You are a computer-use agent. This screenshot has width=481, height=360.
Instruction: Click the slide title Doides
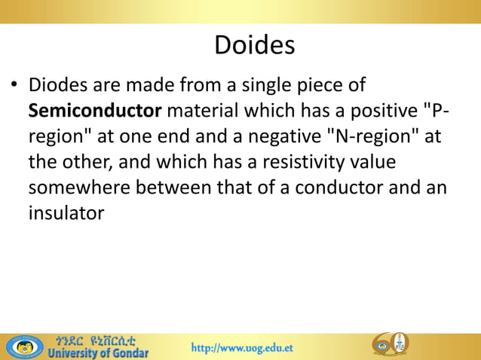pos(254,45)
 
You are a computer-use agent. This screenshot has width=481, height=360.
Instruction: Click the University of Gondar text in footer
pos(99,352)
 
